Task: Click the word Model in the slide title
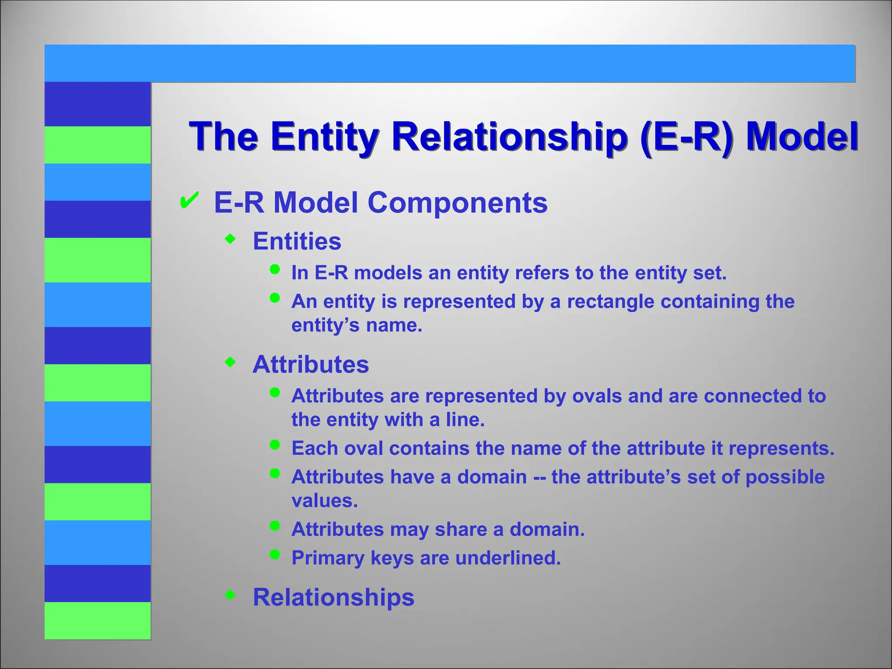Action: point(801,136)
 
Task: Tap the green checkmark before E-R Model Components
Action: point(189,201)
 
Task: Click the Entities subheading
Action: point(297,241)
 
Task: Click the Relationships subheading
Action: point(333,597)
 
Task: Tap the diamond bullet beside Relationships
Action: point(230,595)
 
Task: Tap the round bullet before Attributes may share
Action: point(274,526)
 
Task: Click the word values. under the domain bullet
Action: point(324,501)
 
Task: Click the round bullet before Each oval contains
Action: point(274,445)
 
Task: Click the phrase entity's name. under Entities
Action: point(357,326)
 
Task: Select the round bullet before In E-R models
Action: point(274,269)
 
